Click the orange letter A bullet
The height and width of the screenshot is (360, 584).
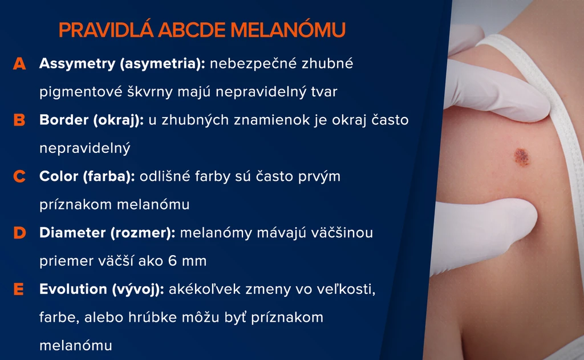tap(19, 64)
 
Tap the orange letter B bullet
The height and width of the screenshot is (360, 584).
tap(19, 120)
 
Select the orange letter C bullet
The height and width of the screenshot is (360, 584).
tap(19, 176)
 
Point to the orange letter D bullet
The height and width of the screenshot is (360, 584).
tap(20, 233)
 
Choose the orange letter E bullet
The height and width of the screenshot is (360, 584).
tap(19, 289)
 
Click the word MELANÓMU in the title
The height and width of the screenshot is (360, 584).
tap(288, 30)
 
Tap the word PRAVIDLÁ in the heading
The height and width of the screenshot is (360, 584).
tap(106, 30)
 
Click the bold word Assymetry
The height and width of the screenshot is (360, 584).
tap(78, 64)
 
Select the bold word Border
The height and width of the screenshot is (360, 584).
tap(64, 120)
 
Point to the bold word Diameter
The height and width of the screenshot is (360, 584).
tap(72, 233)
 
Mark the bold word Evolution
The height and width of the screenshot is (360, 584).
tap(74, 289)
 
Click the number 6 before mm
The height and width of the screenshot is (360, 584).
tap(172, 261)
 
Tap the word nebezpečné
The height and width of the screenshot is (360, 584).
tap(253, 64)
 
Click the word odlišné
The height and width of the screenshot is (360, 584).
tap(165, 176)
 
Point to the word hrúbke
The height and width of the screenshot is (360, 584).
tap(151, 317)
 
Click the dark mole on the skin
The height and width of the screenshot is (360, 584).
tap(522, 157)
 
